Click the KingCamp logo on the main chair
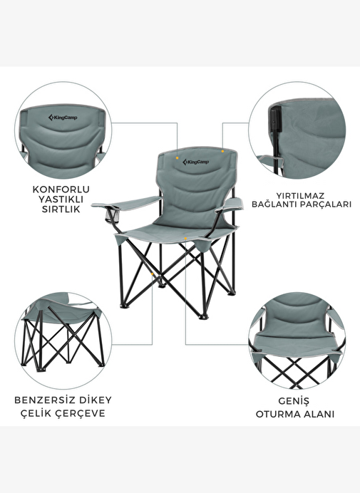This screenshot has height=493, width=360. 196,162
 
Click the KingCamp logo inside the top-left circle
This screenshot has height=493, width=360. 63,118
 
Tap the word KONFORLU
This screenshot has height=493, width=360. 61,190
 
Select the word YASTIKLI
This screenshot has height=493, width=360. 61,199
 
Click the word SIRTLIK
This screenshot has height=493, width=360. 61,209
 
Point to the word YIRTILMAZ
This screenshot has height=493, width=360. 300,196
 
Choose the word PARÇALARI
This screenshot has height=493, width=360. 325,204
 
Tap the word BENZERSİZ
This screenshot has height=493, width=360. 45,400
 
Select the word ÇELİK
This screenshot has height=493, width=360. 36,413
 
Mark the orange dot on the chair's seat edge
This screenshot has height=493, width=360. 185,239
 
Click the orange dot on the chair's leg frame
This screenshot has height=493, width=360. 153,274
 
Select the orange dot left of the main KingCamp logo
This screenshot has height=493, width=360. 178,158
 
